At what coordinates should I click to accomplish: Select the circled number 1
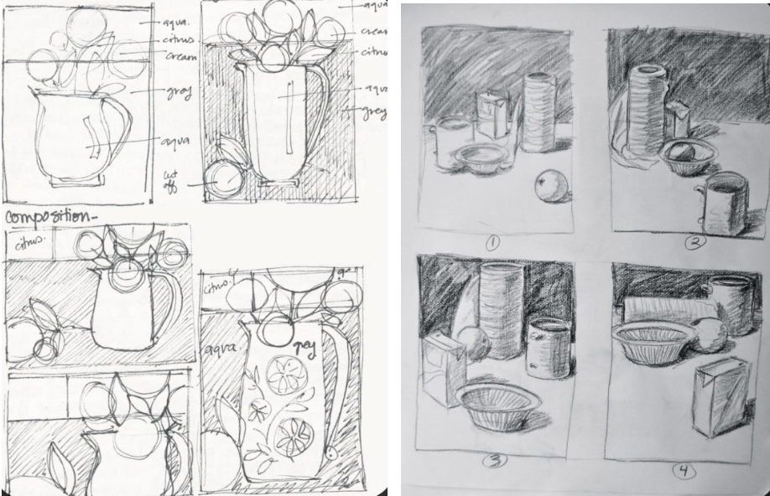pyautogui.click(x=492, y=244)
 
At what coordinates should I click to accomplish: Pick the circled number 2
pyautogui.click(x=696, y=244)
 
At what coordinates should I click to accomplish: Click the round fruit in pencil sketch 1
pyautogui.click(x=551, y=186)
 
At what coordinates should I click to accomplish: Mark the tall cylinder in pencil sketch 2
pyautogui.click(x=647, y=109)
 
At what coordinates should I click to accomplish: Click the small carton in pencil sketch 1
pyautogui.click(x=492, y=115)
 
